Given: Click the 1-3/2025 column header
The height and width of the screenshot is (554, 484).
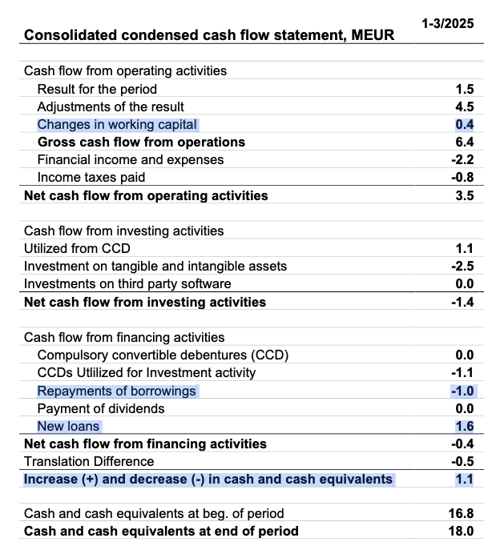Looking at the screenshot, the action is tap(448, 24).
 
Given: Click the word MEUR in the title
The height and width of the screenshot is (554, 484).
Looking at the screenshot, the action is tap(373, 35).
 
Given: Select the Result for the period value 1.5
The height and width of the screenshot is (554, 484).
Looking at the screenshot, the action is tap(465, 89).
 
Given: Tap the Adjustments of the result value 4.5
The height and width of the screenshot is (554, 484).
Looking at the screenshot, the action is tap(465, 106).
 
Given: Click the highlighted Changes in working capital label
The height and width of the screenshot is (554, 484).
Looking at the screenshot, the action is tap(117, 125).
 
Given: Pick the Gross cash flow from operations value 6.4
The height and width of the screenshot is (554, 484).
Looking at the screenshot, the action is tap(465, 142).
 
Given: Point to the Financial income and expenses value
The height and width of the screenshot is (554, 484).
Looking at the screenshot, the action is tap(462, 159).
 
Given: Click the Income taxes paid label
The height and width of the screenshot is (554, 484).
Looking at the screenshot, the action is tap(91, 178).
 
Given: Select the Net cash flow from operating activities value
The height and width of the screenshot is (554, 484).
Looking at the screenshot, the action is tap(465, 195).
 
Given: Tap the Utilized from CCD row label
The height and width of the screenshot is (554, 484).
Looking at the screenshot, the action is tap(77, 248).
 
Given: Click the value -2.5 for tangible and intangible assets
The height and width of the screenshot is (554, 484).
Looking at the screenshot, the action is tap(462, 266).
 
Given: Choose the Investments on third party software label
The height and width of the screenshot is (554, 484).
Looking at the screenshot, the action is tap(127, 283).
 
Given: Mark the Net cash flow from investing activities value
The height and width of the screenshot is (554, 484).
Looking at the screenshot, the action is tap(462, 302).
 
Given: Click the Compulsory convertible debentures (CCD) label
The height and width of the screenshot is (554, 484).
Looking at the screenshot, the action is tap(163, 355).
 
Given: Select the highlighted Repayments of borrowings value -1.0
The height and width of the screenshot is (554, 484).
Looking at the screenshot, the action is tap(462, 391).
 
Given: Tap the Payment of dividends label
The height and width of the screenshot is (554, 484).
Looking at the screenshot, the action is tap(101, 409).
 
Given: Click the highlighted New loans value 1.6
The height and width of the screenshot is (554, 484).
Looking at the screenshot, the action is tap(465, 427).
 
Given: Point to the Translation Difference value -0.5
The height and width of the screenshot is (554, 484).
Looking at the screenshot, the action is tap(462, 461).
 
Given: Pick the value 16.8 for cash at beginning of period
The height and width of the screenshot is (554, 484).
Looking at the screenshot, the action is tap(461, 513).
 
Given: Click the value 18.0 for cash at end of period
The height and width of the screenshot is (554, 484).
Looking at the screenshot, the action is tap(461, 531).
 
